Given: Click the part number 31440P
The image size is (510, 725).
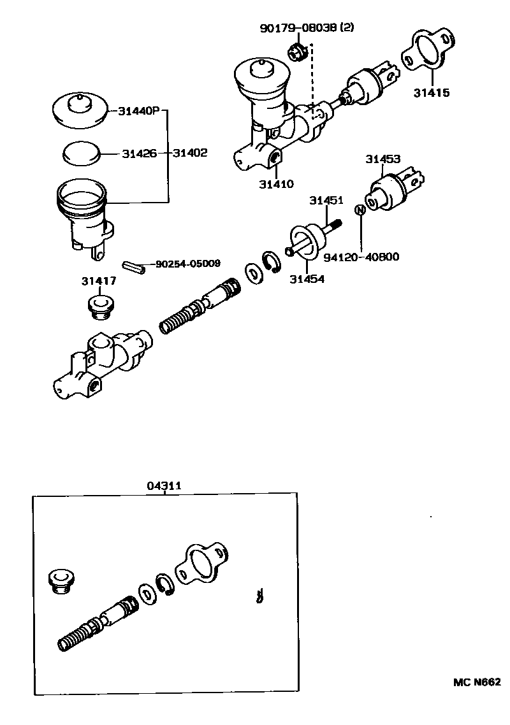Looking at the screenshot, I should (138, 111).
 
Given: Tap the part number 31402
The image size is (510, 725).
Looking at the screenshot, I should (190, 154).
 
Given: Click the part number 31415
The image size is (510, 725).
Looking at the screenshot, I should (431, 93).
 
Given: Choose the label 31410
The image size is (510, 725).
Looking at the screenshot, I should (276, 185).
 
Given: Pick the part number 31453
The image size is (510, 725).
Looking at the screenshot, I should (382, 159).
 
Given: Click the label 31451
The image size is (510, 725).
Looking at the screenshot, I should (326, 200).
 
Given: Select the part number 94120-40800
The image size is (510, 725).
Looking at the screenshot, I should (361, 257).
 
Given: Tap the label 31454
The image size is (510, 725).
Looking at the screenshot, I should (307, 278).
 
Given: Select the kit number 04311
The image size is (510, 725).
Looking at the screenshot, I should (164, 485).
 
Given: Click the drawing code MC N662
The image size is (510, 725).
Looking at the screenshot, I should (476, 682).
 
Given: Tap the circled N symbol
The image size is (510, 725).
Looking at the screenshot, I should (360, 210).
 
